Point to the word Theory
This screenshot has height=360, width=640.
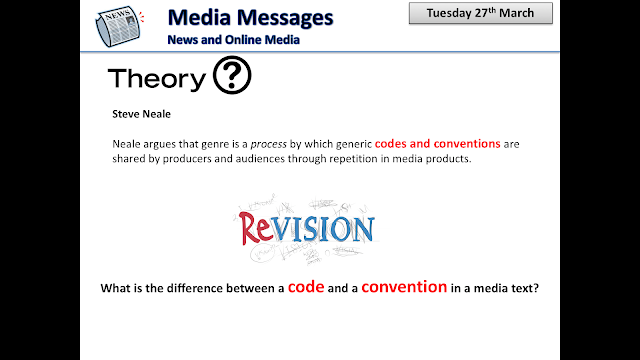[157, 80]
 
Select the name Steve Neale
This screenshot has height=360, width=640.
[142, 114]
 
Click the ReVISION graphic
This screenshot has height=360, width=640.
[306, 229]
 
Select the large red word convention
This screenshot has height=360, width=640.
[404, 288]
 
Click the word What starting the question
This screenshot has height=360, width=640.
[115, 290]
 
